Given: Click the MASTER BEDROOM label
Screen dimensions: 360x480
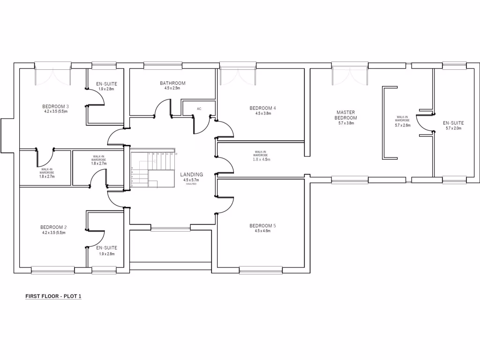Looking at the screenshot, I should tap(346, 115).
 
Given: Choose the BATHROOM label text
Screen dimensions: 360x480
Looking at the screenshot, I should tap(172, 83).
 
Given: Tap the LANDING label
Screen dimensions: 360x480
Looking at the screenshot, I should tap(191, 174).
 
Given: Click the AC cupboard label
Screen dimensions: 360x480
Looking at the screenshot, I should tap(199, 109).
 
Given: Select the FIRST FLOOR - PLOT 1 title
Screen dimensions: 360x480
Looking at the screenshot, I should tap(53, 296).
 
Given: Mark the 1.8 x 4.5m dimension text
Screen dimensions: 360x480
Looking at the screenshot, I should tap(262, 159).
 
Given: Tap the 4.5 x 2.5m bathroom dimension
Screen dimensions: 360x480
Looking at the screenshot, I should tap(172, 88).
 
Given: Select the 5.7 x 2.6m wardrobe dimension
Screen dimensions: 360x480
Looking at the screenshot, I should tap(403, 125).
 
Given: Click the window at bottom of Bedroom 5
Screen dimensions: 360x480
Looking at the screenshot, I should tap(261, 270).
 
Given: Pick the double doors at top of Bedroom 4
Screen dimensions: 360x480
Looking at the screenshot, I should tap(238, 75).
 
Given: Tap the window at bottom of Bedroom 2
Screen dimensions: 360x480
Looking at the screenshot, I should tap(52, 270).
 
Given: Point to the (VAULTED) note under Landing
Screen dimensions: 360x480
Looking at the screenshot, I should tap(191, 184).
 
